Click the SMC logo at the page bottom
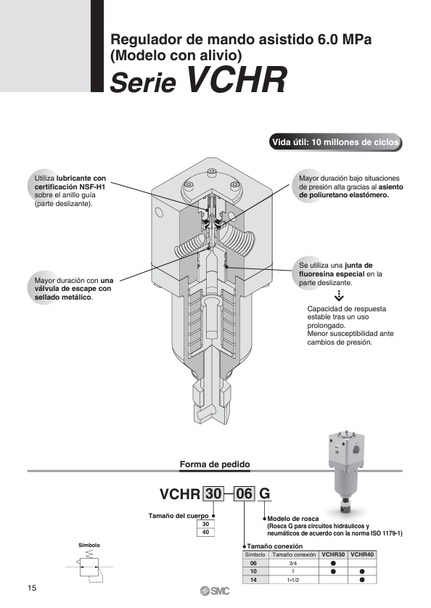click(215, 591)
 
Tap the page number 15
click(32, 588)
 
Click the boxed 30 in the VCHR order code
click(213, 494)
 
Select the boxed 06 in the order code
click(244, 494)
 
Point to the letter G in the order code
click(264, 494)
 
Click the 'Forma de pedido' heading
click(215, 464)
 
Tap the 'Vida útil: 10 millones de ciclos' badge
click(335, 142)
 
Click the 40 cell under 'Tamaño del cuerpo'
click(205, 532)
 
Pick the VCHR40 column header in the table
click(362, 554)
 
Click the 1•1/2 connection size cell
click(293, 580)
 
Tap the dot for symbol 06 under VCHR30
click(333, 563)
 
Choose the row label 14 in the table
click(253, 580)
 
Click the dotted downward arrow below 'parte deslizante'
click(339, 295)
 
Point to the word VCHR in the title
click(237, 80)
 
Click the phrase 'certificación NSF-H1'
click(70, 187)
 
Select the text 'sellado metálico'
click(63, 297)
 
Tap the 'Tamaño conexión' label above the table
click(275, 546)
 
